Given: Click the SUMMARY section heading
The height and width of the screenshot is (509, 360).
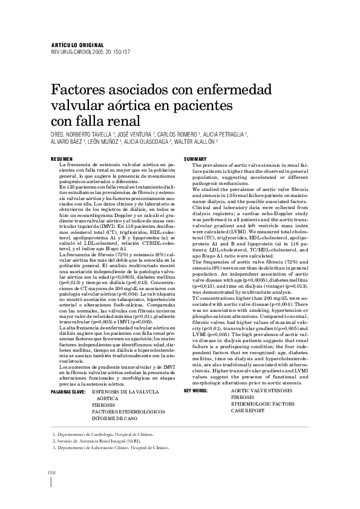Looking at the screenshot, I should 196,158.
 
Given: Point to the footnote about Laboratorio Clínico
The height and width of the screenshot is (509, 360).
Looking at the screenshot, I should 111,448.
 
